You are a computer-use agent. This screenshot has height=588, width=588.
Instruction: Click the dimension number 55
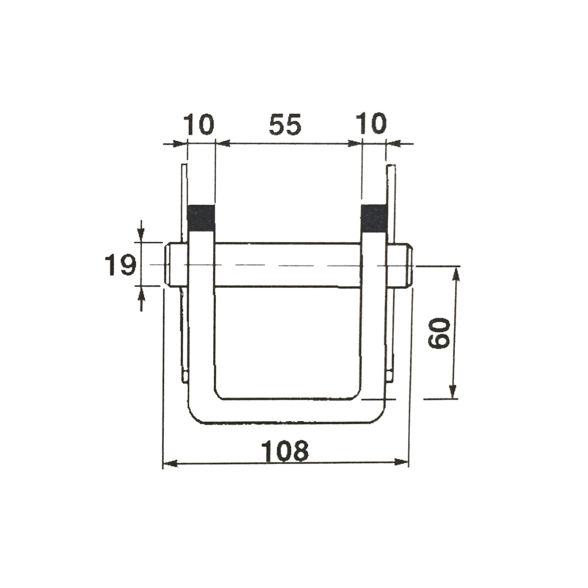pyautogui.click(x=285, y=125)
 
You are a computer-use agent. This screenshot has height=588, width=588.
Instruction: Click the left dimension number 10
pyautogui.click(x=199, y=124)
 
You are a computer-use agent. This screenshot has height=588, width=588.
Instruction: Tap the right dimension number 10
pyautogui.click(x=373, y=124)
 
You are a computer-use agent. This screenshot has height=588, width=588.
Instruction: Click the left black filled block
pyautogui.click(x=201, y=218)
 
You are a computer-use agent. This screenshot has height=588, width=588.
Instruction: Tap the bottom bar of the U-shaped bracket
pyautogui.click(x=287, y=411)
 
